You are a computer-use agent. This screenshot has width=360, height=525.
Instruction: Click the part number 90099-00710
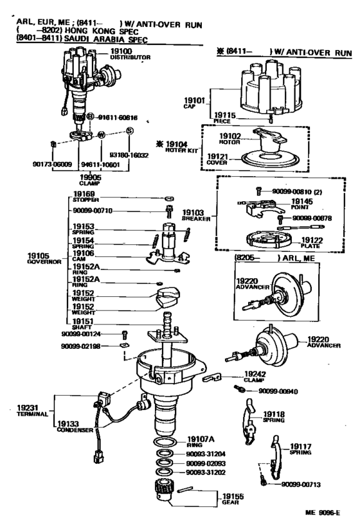point(93,211)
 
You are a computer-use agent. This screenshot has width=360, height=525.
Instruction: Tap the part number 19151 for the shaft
point(84,323)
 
